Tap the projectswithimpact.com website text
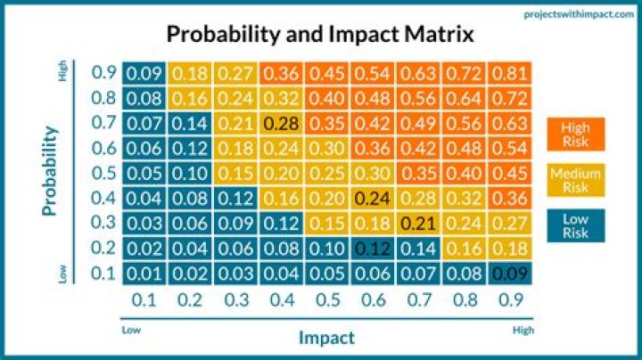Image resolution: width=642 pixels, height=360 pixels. coord(584,13)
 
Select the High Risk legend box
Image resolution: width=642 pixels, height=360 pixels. coord(576,133)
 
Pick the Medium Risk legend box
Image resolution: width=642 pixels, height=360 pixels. coord(576,179)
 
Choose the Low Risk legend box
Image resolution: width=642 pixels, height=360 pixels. coord(576,225)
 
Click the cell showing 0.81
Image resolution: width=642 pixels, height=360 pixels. coord(510,73)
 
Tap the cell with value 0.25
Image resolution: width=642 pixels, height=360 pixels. coord(327,173)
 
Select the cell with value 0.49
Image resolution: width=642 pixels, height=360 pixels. coord(418,123)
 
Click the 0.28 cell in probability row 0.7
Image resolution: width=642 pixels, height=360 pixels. coord(281,123)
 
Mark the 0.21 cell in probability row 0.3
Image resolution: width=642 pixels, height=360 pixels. coord(418,223)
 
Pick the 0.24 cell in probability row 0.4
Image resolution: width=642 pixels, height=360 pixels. coord(373,198)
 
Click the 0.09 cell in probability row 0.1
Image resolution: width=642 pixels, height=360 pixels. coord(510,273)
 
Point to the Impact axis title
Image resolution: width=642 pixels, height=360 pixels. coord(325,336)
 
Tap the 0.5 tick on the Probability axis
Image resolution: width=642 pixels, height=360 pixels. coord(103,173)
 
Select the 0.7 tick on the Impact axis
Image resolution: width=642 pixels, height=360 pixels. coord(418,300)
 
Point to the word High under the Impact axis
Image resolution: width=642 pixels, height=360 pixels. coord(524,329)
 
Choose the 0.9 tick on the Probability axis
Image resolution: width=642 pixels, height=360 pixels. coord(103,73)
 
